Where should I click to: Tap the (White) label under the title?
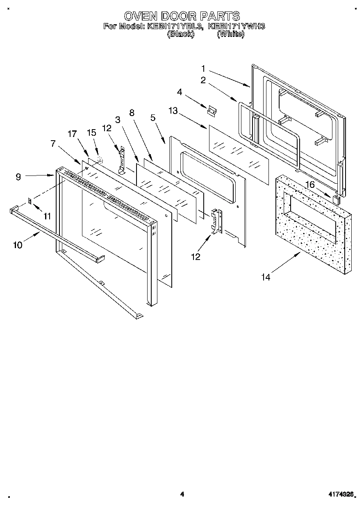coord(230,34)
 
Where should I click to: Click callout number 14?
coord(266,277)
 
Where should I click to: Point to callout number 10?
coord(18,245)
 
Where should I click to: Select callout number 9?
coord(18,177)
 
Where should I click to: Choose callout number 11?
coord(48,216)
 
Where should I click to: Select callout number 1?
coord(204,68)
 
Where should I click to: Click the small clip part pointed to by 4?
coord(212,111)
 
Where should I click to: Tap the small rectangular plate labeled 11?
coord(30,201)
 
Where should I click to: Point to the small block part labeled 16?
coord(336,200)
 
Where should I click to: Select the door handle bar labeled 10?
coord(57,234)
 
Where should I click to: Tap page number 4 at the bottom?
coord(182,494)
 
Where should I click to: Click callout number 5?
coord(153,118)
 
